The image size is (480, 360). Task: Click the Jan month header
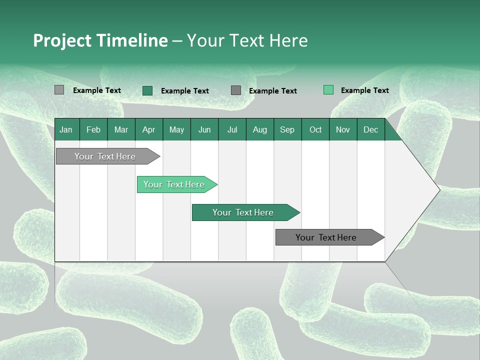tap(66, 129)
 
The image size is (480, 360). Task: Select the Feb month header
tap(93, 129)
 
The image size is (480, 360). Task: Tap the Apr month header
tap(148, 129)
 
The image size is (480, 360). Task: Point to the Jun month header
tap(204, 129)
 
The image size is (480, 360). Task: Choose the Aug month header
tap(260, 129)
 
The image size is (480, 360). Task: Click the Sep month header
tap(287, 129)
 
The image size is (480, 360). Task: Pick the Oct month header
tap(315, 129)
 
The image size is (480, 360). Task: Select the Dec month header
tap(370, 129)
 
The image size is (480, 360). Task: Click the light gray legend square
tap(59, 90)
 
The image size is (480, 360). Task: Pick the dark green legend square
tap(147, 90)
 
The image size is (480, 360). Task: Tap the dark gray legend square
tap(236, 90)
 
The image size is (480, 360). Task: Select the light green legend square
tap(328, 90)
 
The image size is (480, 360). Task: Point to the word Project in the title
tap(60, 40)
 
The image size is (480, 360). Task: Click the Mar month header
tap(121, 129)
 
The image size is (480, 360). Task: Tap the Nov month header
tap(343, 129)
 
